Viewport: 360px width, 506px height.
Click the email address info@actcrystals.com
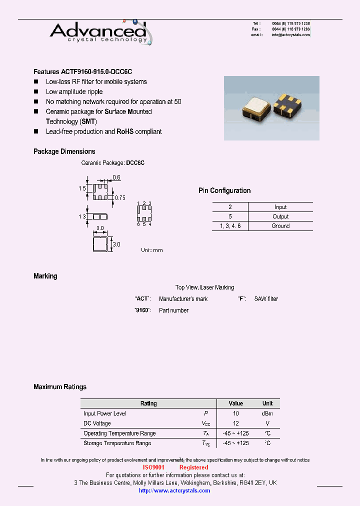[290, 35]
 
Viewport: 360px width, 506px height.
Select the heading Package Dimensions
[64, 151]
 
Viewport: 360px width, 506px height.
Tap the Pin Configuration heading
[224, 190]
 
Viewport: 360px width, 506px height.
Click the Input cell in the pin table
[280, 207]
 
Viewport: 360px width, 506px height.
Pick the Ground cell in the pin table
[280, 226]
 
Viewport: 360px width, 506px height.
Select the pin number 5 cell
[230, 216]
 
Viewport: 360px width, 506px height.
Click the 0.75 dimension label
[120, 198]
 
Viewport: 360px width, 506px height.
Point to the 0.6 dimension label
[116, 177]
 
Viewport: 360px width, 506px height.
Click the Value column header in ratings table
[235, 403]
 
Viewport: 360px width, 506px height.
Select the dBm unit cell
[267, 413]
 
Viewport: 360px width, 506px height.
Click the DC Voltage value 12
[235, 423]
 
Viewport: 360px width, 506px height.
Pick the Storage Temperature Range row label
[117, 443]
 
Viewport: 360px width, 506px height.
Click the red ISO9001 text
[153, 467]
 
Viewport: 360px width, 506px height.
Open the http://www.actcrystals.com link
[174, 490]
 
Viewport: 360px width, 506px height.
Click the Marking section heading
[45, 276]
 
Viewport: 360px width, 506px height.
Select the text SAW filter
[266, 299]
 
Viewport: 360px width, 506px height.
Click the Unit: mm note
[151, 250]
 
